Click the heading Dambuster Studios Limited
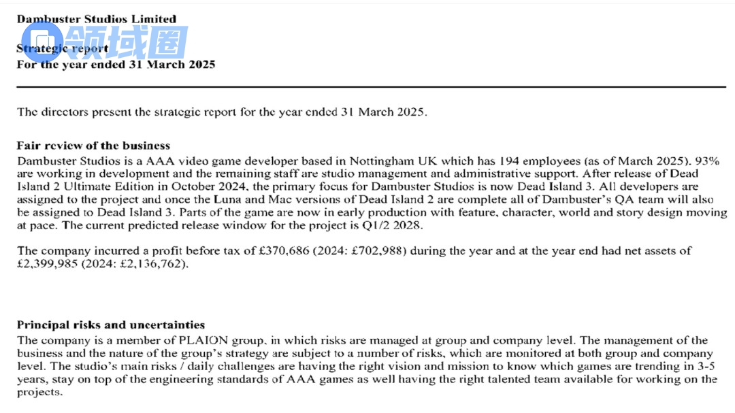point(96,19)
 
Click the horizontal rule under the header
point(371,87)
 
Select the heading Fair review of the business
point(93,146)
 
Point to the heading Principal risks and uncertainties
point(111,325)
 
